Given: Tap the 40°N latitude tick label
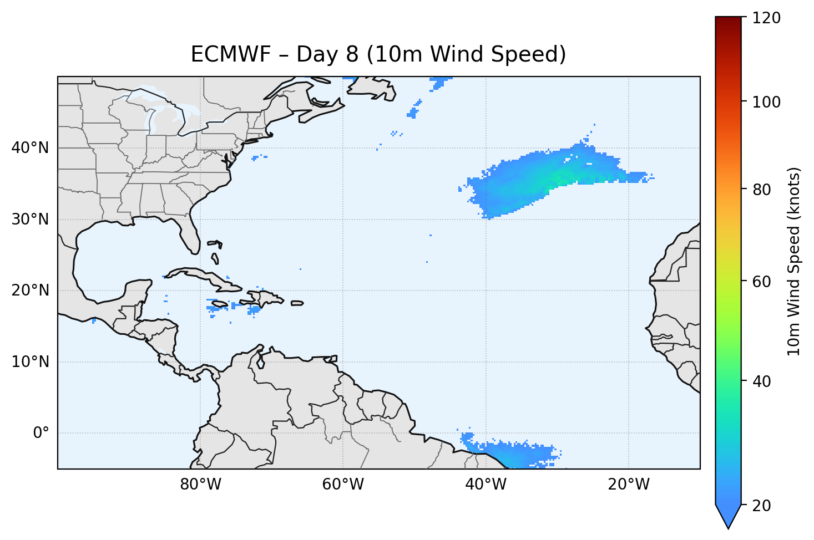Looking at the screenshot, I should [x=30, y=148].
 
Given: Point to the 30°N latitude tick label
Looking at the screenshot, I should [x=30, y=220].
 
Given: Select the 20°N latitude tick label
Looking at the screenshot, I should [x=30, y=291].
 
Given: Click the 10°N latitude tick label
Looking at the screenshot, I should [x=30, y=362].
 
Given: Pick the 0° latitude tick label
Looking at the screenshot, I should [x=41, y=433].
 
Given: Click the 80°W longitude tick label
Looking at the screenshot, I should [x=200, y=485].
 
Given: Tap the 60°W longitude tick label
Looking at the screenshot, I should [x=343, y=485].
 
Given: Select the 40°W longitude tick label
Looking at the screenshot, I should [x=486, y=485].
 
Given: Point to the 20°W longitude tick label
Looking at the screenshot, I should [x=628, y=485].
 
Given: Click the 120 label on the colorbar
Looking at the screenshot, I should [x=766, y=18].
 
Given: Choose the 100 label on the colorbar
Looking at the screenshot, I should [x=766, y=102].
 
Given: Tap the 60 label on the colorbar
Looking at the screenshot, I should [x=762, y=282].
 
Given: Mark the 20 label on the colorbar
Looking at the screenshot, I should [x=762, y=506].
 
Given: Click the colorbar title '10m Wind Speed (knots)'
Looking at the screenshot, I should [x=794, y=262].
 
